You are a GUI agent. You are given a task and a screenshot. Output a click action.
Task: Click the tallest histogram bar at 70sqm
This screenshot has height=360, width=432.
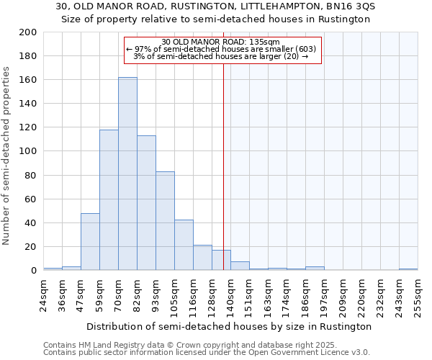point(127,174)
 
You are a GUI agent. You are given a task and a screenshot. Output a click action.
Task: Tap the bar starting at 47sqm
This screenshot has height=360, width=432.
point(90,242)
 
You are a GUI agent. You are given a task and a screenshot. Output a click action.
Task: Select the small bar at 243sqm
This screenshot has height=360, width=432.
point(408,269)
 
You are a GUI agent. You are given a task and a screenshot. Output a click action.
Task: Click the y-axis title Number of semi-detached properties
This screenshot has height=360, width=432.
point(7,156)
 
